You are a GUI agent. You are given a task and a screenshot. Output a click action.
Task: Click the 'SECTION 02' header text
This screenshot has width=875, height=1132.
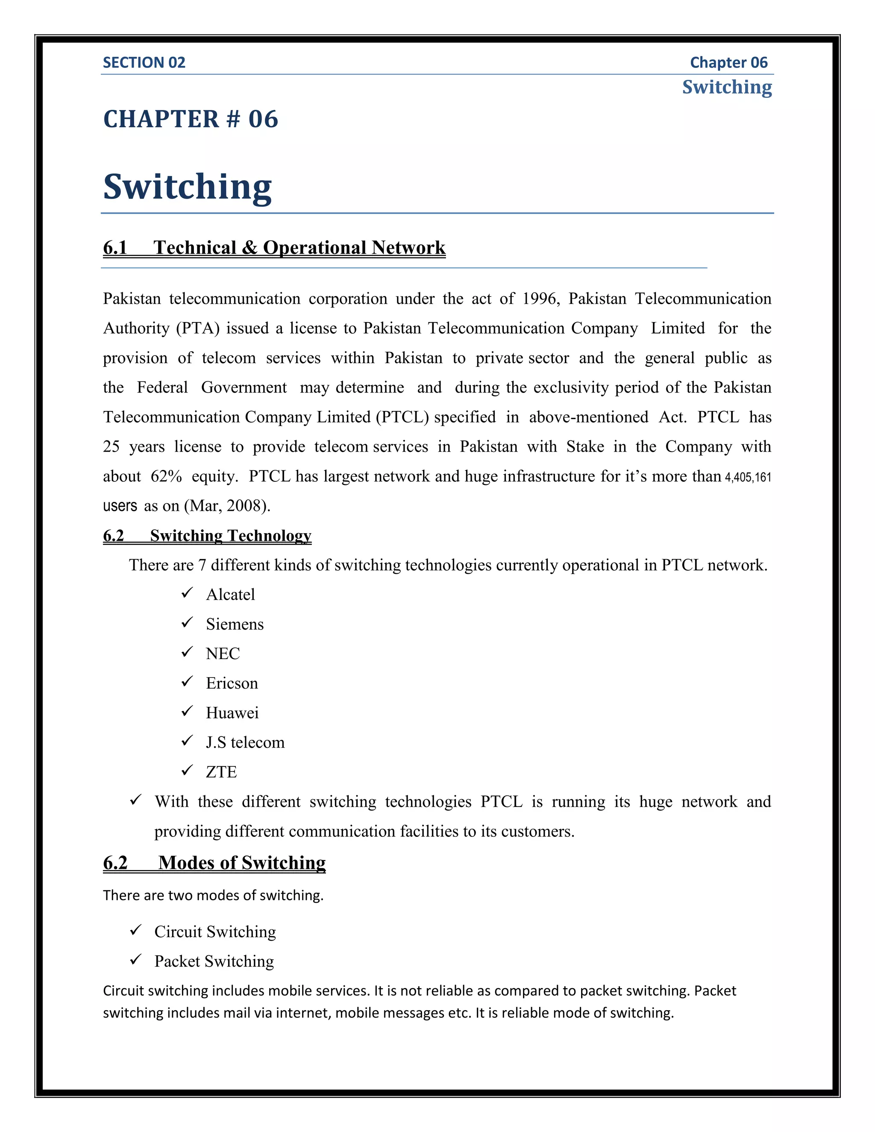tap(144, 63)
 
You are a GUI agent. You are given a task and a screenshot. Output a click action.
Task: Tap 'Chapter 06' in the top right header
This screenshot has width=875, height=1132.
tap(728, 63)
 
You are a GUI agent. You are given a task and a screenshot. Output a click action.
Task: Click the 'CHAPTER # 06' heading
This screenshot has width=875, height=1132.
tap(190, 119)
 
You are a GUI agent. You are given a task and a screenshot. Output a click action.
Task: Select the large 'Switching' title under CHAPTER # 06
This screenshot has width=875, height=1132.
tap(187, 187)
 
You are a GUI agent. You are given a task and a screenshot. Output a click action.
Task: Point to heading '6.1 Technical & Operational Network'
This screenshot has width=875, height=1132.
tap(274, 248)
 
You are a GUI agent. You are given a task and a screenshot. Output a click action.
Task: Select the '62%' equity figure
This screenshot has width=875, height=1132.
tap(166, 476)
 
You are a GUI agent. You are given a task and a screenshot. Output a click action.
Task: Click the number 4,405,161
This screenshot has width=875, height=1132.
tap(748, 477)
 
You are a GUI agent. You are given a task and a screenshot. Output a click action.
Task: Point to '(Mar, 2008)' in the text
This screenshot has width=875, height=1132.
tap(227, 506)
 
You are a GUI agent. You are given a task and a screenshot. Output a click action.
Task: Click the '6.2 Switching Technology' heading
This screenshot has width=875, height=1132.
tap(207, 535)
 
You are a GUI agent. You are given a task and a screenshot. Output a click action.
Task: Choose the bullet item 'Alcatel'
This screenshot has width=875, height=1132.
tap(230, 595)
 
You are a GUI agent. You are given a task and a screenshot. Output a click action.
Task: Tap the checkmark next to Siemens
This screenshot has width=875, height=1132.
tap(187, 622)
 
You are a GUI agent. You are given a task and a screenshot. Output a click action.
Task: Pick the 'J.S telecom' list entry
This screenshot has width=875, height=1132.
tap(245, 742)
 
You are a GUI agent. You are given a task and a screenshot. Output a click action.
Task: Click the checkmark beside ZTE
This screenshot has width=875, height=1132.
tap(187, 770)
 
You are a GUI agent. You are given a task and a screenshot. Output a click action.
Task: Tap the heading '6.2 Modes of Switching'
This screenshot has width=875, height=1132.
tap(214, 863)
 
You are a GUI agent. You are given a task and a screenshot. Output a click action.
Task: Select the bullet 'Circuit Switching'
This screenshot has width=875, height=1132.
tap(214, 932)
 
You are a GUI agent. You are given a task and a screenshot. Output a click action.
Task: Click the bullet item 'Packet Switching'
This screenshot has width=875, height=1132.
tap(214, 962)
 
